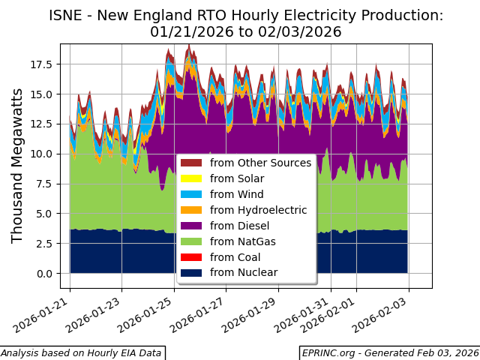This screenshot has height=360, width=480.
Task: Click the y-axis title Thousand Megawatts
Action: click(x=18, y=165)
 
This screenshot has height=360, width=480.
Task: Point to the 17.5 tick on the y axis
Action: click(x=41, y=64)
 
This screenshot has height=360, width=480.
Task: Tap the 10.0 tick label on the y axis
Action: click(x=41, y=154)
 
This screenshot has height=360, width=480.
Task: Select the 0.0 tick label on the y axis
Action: click(x=44, y=274)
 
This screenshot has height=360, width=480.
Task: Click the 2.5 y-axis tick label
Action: click(x=44, y=244)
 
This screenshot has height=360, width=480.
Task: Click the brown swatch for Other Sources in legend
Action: click(x=191, y=163)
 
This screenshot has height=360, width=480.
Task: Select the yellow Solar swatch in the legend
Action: click(x=191, y=179)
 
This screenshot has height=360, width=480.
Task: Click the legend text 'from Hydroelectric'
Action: click(x=258, y=211)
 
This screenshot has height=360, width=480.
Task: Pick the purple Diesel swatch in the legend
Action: click(x=191, y=226)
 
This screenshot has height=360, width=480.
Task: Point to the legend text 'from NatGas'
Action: click(x=242, y=241)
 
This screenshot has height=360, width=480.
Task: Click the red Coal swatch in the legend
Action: click(x=191, y=257)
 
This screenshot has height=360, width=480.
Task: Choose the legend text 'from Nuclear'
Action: click(x=244, y=273)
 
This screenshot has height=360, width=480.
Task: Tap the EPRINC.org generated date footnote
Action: click(x=389, y=353)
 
